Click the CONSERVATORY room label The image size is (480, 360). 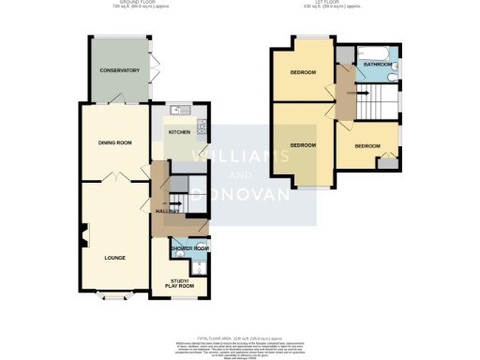(x=121, y=70)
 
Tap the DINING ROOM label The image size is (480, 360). (x=115, y=142)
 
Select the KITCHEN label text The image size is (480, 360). (x=179, y=132)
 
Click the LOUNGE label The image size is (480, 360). (x=114, y=256)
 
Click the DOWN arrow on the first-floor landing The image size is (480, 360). (x=352, y=93)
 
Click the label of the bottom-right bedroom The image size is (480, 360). (x=367, y=146)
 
